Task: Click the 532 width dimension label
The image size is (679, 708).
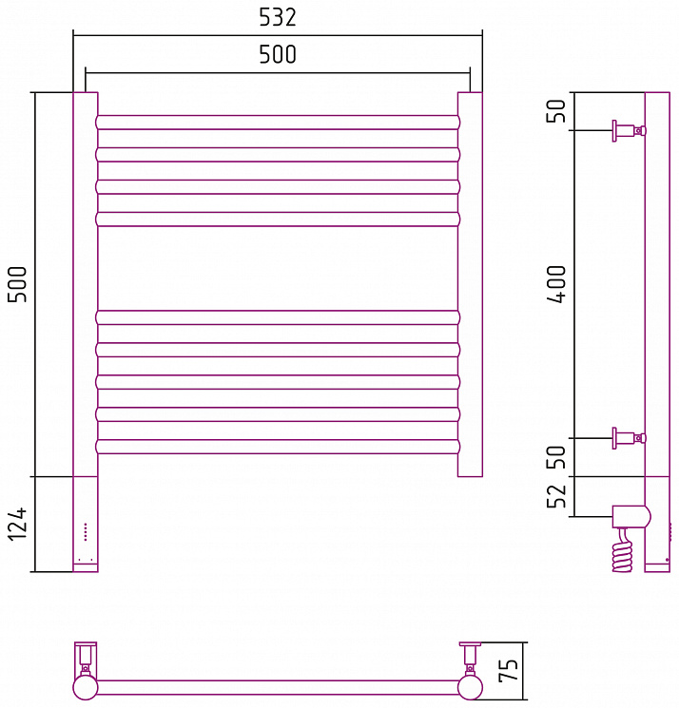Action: (x=278, y=17)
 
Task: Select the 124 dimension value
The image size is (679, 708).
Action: (x=17, y=524)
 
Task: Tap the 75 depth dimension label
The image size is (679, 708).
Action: (x=508, y=671)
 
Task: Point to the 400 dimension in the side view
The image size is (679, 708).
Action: (x=556, y=284)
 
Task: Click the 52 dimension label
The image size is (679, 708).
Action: (x=556, y=497)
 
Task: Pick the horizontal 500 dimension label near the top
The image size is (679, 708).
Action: (x=278, y=54)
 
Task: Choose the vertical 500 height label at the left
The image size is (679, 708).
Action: (x=17, y=284)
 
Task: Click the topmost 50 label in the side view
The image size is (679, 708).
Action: (x=556, y=110)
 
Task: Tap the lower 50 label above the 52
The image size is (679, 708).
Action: (x=556, y=457)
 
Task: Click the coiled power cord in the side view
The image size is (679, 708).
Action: (x=623, y=551)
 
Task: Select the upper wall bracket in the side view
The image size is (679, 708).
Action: (x=629, y=131)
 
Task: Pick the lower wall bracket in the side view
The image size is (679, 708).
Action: (x=629, y=438)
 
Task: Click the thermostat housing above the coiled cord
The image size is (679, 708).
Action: (x=631, y=517)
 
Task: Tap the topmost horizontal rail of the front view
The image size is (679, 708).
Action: (x=278, y=123)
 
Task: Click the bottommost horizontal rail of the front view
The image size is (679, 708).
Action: (x=278, y=447)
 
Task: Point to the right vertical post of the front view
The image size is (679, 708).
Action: (x=470, y=284)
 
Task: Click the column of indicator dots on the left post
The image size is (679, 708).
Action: (x=86, y=532)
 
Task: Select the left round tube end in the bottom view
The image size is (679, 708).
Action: (x=86, y=687)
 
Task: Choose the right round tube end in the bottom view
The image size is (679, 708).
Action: (x=470, y=687)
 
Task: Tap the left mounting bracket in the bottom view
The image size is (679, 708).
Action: (x=86, y=659)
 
